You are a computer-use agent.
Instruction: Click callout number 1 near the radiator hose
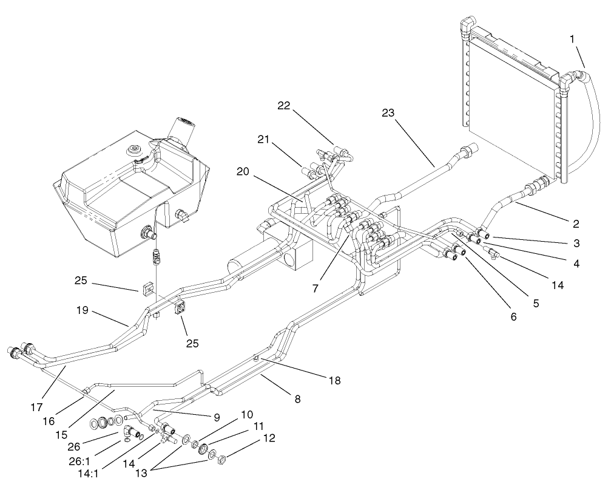pyautogui.click(x=571, y=38)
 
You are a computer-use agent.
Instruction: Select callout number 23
pyautogui.click(x=388, y=112)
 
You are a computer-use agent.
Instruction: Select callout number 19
pyautogui.click(x=83, y=310)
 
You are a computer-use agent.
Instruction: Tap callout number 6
pyautogui.click(x=513, y=316)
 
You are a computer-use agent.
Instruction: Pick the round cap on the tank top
pyautogui.click(x=133, y=149)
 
